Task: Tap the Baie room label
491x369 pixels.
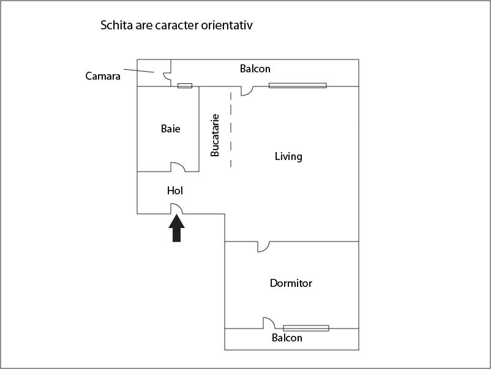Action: tap(171, 129)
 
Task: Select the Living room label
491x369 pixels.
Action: tap(288, 156)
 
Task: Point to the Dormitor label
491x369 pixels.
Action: tap(291, 283)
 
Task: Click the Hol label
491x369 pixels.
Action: tap(175, 191)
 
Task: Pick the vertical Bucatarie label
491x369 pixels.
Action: tap(215, 135)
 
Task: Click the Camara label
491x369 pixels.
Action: tap(103, 77)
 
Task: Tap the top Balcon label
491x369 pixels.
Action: tap(255, 69)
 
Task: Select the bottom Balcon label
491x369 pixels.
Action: tap(287, 338)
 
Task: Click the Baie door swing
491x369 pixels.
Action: tap(178, 167)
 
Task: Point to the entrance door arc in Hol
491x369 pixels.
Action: tap(176, 208)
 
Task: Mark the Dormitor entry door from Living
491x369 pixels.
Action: tap(263, 246)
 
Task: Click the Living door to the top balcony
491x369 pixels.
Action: tap(247, 91)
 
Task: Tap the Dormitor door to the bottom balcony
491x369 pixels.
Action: tap(268, 322)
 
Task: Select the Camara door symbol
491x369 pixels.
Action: tap(167, 76)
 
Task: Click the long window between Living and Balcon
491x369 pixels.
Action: tap(298, 85)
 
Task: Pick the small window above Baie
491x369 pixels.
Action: tap(185, 86)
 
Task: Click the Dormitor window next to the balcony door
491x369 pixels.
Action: tap(305, 328)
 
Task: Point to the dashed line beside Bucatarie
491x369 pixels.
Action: tap(231, 129)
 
